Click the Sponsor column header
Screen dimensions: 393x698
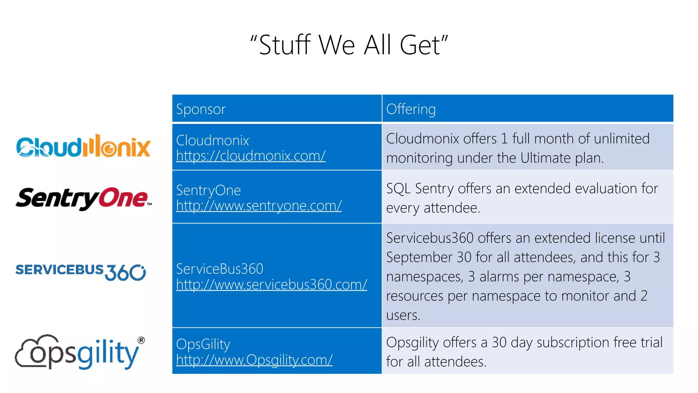click(201, 109)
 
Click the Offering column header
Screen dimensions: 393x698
click(411, 109)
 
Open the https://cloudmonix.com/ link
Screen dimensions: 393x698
click(251, 156)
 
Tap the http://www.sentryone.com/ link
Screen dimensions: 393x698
click(259, 206)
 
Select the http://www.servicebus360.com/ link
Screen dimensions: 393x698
click(272, 285)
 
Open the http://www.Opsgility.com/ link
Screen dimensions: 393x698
click(254, 360)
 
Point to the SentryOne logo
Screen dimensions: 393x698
click(83, 199)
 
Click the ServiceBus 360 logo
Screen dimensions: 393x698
click(81, 272)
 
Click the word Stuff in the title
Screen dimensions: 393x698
click(285, 45)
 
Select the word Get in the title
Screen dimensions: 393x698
click(420, 45)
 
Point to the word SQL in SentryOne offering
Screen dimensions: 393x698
click(398, 189)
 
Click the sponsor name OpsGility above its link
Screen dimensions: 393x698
click(203, 345)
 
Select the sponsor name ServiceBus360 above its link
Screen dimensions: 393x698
click(219, 269)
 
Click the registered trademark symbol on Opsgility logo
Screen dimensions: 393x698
click(141, 340)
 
